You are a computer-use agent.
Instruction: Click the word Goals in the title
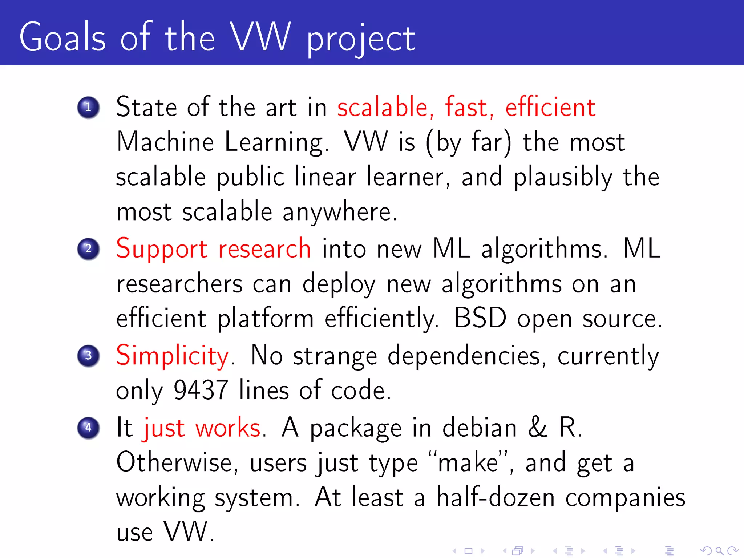(62, 37)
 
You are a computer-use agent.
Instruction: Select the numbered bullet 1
(88, 108)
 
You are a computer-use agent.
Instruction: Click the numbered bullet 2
(88, 249)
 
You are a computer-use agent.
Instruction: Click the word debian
(480, 428)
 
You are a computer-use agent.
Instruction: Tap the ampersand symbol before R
(537, 428)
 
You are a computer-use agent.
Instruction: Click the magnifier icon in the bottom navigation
(719, 551)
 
